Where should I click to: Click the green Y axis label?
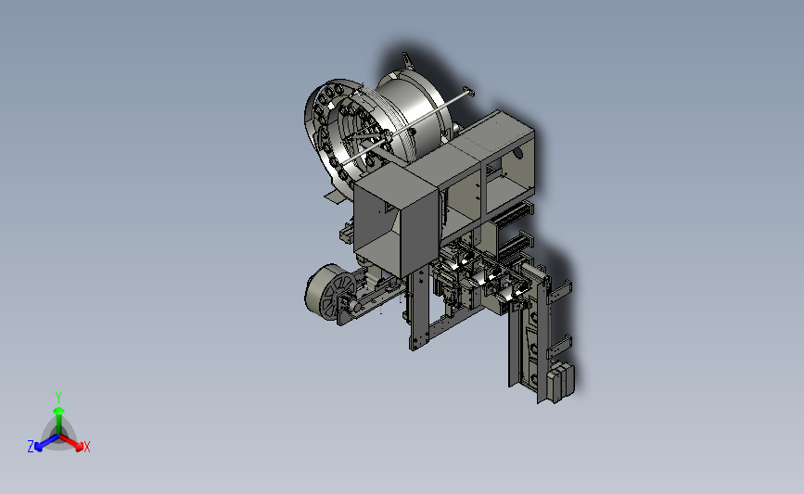(x=57, y=398)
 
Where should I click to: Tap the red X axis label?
(x=86, y=447)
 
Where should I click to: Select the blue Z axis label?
(x=31, y=447)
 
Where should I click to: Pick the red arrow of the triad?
(x=71, y=443)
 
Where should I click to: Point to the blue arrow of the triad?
(x=46, y=443)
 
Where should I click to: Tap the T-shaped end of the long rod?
(x=467, y=92)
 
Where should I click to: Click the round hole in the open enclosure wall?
(x=517, y=152)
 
